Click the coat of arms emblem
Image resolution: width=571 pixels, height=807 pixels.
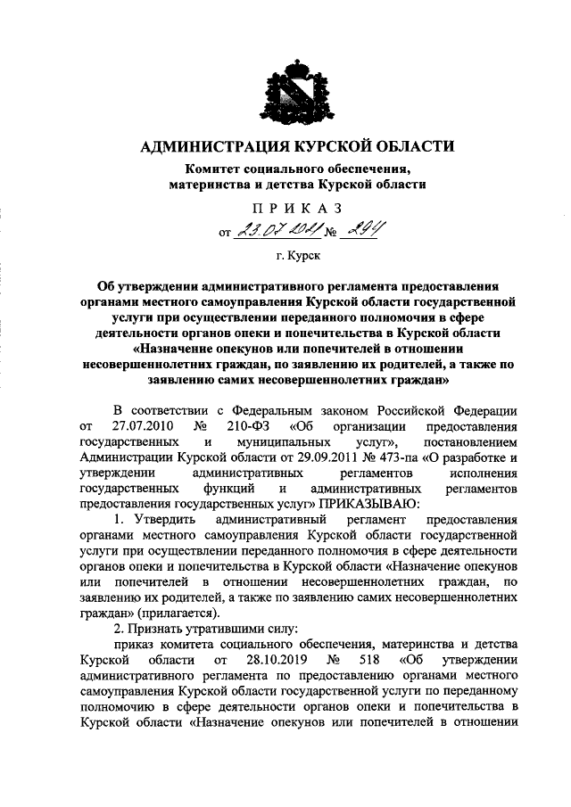(295, 90)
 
